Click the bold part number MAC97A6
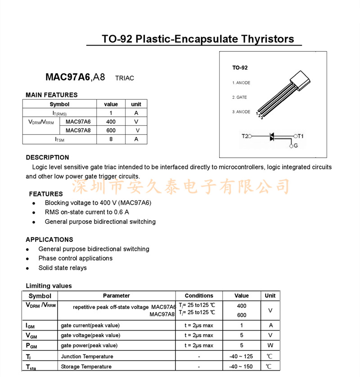(x=67, y=77)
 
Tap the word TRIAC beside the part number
(x=125, y=78)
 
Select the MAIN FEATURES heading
(x=51, y=95)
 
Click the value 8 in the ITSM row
(x=111, y=139)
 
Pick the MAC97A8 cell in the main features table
(x=78, y=131)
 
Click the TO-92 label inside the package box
(x=240, y=68)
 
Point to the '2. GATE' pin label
(x=239, y=97)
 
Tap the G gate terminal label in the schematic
(x=295, y=146)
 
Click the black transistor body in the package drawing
(x=300, y=80)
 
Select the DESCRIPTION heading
(x=47, y=158)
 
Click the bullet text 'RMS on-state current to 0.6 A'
(x=87, y=212)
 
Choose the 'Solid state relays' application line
(x=63, y=268)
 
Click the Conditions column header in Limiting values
(x=199, y=296)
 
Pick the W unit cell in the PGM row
(x=270, y=345)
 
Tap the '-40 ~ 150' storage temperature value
(x=241, y=367)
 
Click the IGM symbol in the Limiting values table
(x=29, y=325)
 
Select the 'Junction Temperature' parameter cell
(x=87, y=356)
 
